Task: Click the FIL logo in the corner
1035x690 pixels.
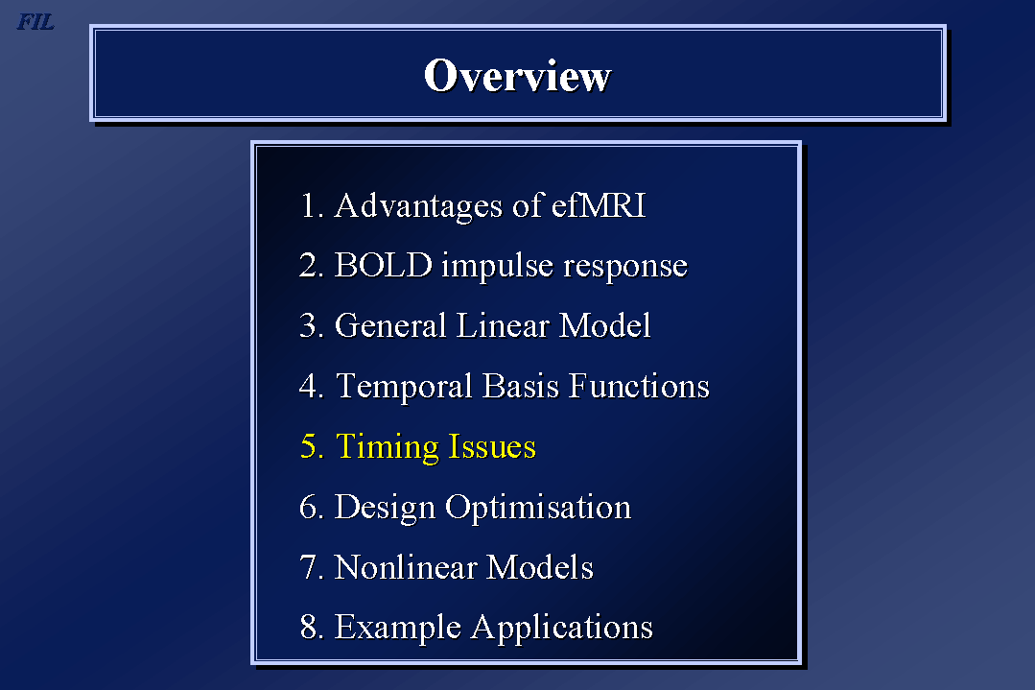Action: coord(35,22)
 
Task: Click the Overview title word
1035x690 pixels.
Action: coord(518,75)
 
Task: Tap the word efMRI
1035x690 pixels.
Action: coord(599,204)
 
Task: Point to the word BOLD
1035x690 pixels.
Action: coord(384,266)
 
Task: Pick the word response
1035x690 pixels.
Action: coord(625,268)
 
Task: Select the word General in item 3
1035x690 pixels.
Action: coord(390,325)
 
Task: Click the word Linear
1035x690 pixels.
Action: coord(503,325)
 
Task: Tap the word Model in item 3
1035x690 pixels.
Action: coord(604,325)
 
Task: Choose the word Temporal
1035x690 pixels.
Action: coord(404,387)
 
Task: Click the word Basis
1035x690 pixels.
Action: coord(521,386)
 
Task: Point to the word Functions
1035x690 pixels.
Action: coord(639,386)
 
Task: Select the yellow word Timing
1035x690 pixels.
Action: coord(388,447)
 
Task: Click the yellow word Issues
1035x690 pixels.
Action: coord(492,446)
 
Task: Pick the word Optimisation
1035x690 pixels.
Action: coord(538,508)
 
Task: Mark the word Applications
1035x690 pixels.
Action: coord(562,628)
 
